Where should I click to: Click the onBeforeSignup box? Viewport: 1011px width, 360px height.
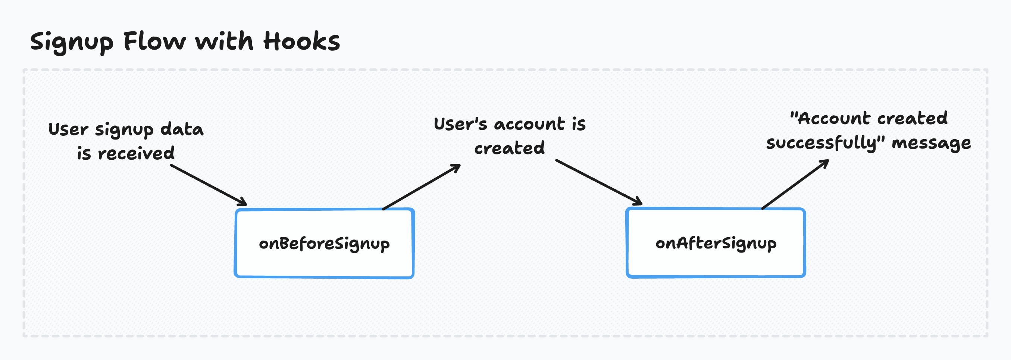[324, 243]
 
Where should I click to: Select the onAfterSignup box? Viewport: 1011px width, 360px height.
[716, 243]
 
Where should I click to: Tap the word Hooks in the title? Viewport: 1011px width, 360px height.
[301, 41]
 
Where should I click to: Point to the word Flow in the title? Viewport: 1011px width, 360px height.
[154, 41]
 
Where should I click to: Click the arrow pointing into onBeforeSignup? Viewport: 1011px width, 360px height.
[209, 185]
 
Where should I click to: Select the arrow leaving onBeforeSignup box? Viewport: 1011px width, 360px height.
[421, 187]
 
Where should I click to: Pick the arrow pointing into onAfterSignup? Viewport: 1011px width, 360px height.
[598, 182]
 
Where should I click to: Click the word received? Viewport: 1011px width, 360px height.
[136, 153]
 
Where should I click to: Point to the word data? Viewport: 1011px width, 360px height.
[182, 129]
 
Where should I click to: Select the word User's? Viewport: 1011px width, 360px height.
[460, 124]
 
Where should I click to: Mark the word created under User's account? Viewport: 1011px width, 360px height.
[510, 148]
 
